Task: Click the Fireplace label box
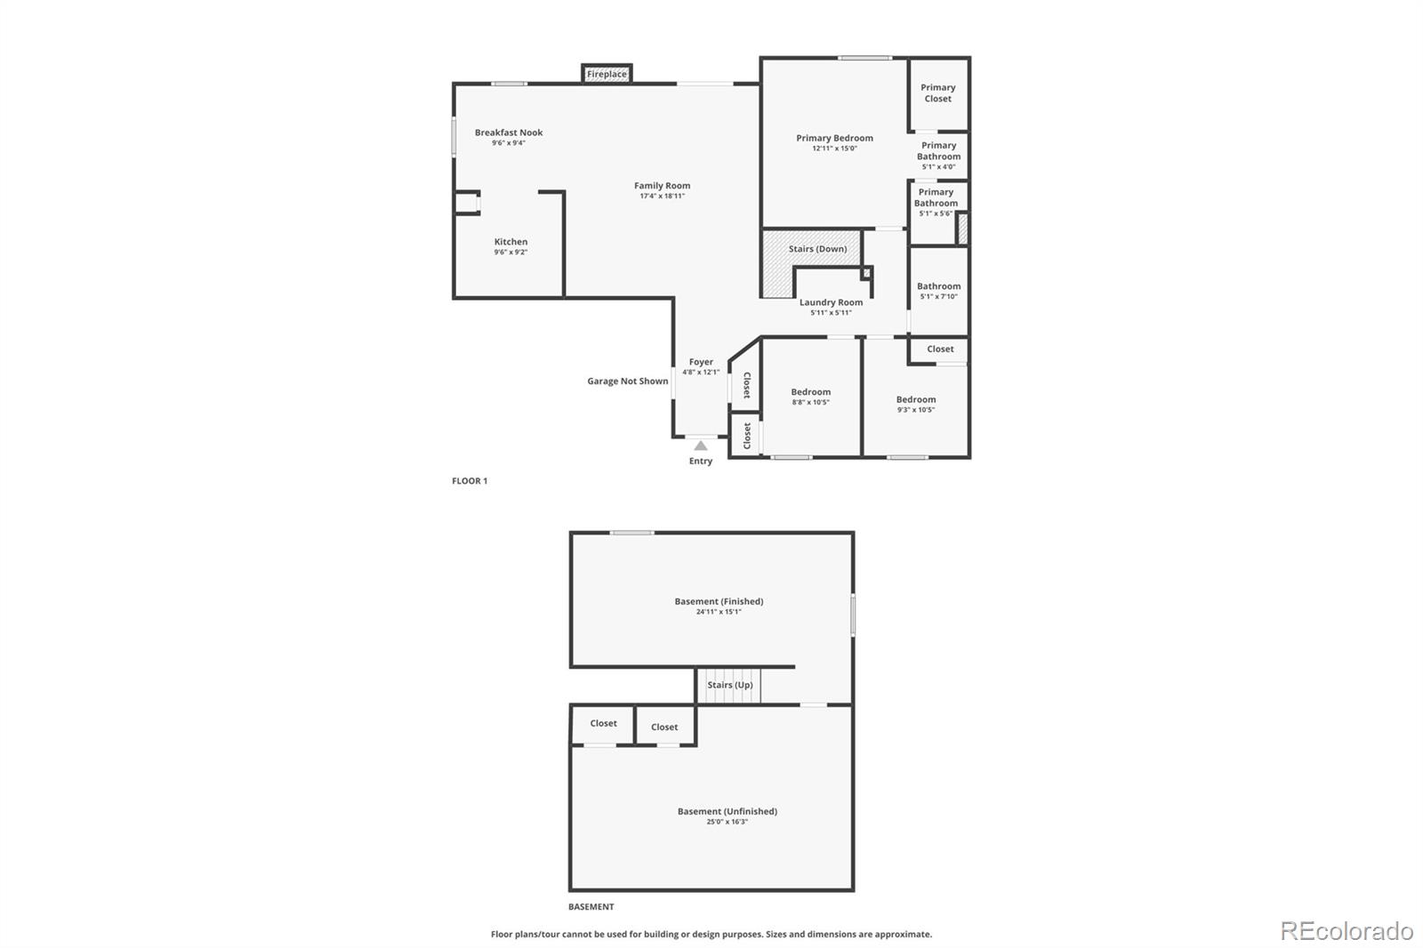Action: point(607,74)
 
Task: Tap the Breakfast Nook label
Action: point(509,133)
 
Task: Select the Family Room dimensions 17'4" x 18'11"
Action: point(662,197)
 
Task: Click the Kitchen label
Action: point(511,242)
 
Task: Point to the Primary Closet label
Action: point(937,92)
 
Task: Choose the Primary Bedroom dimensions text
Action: point(833,149)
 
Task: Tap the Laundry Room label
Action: point(831,302)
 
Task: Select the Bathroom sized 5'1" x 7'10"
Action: point(938,291)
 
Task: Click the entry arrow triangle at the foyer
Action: point(701,446)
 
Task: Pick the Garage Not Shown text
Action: point(627,382)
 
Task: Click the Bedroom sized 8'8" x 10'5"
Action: point(810,396)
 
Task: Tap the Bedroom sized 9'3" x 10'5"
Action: point(915,404)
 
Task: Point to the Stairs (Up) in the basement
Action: point(729,685)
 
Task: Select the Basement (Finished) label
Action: point(719,601)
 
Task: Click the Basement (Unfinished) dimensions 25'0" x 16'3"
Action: point(727,822)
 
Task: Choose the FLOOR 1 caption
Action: point(470,481)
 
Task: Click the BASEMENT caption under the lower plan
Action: point(591,907)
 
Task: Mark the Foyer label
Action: point(701,362)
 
